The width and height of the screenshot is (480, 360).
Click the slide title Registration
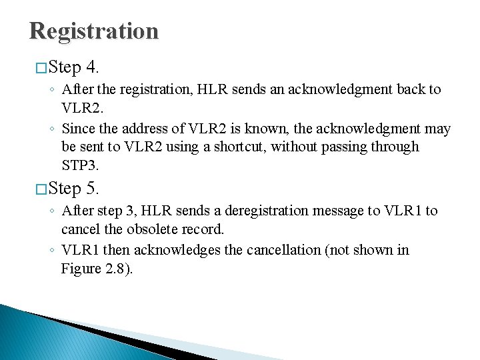pyautogui.click(x=94, y=31)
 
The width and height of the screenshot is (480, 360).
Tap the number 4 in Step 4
pyautogui.click(x=93, y=68)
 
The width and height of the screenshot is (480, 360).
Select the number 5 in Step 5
pyautogui.click(x=93, y=189)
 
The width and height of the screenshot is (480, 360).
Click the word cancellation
pyautogui.click(x=286, y=250)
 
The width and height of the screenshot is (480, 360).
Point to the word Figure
pyautogui.click(x=81, y=269)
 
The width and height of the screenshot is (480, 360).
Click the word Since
pyautogui.click(x=77, y=129)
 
